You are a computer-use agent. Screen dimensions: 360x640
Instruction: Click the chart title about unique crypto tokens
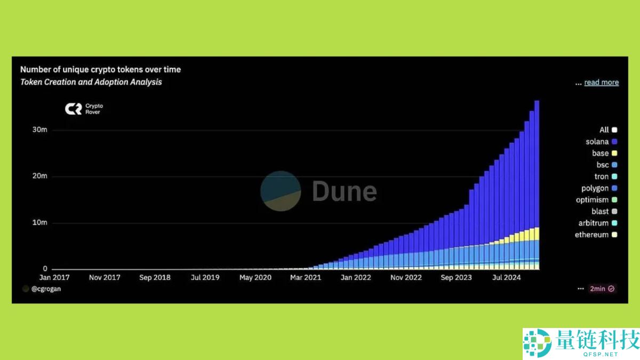coord(100,69)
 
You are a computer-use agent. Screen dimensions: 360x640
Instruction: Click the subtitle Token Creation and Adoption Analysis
coord(91,82)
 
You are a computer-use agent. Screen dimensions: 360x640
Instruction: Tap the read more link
coord(601,82)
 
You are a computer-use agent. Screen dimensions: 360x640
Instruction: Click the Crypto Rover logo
coord(83,109)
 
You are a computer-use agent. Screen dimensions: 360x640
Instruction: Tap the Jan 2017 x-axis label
coord(54,277)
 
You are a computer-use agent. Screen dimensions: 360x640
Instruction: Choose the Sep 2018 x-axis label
coord(155,277)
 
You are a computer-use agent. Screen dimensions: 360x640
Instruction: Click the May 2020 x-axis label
coord(255,277)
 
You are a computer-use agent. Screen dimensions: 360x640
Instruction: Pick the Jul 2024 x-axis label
coord(506,277)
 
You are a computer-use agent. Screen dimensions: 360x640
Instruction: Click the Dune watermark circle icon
coord(281,191)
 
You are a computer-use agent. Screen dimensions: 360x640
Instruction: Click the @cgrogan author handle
coord(45,289)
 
